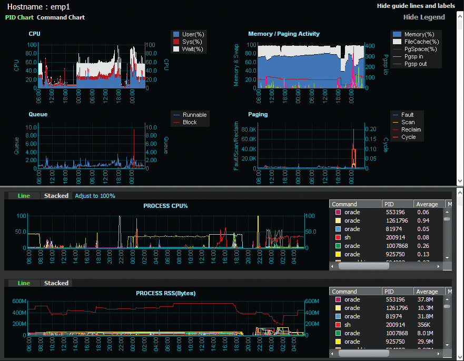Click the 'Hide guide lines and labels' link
pos(416,6)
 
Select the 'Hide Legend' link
pos(424,17)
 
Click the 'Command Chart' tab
pos(61,17)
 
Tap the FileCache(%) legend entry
pos(421,42)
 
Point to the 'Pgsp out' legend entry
pos(416,64)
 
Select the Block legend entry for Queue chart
pos(190,122)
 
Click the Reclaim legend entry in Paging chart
pos(411,129)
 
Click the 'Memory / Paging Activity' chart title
pos(283,34)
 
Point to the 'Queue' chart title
pos(38,114)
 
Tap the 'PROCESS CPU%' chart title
pos(165,206)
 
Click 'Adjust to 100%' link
pos(95,196)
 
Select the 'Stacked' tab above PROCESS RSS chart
pos(56,283)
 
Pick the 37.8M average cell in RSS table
pos(424,299)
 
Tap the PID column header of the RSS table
pos(389,292)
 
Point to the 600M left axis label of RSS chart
pos(19,301)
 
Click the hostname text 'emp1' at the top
pos(61,7)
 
